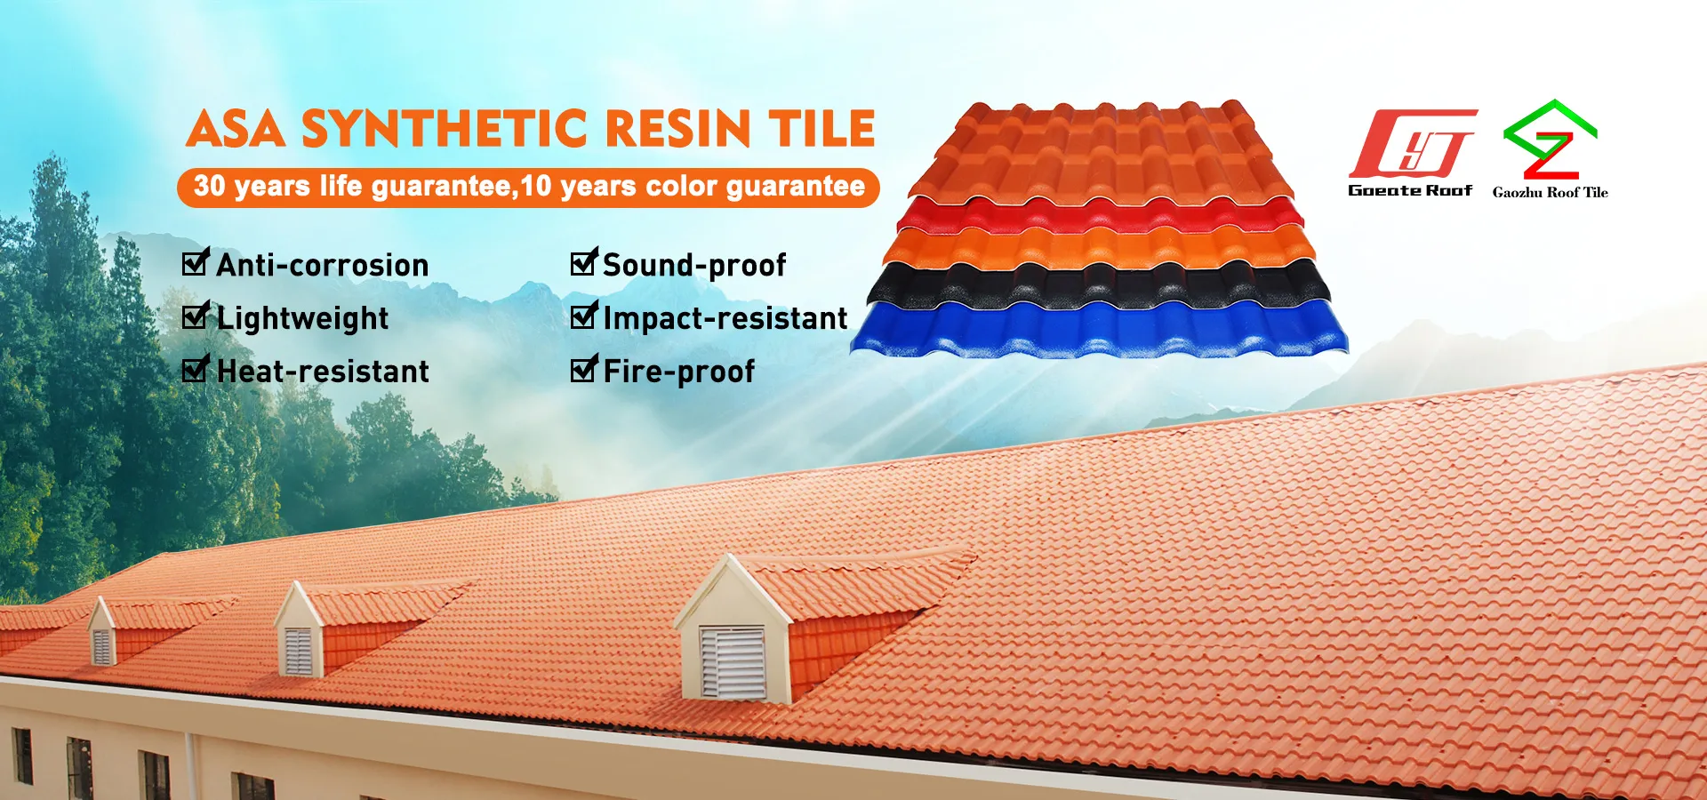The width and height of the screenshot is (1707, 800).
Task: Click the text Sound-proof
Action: [694, 265]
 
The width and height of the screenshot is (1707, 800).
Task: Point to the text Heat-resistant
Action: [323, 371]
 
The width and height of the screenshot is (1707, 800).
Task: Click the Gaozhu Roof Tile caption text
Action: [1551, 192]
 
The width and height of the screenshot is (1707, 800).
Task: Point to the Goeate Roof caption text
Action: [1410, 190]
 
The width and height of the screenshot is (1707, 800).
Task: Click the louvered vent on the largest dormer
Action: [733, 661]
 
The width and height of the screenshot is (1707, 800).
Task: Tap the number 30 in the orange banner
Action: [210, 186]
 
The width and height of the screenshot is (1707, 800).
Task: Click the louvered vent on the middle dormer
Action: [298, 652]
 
